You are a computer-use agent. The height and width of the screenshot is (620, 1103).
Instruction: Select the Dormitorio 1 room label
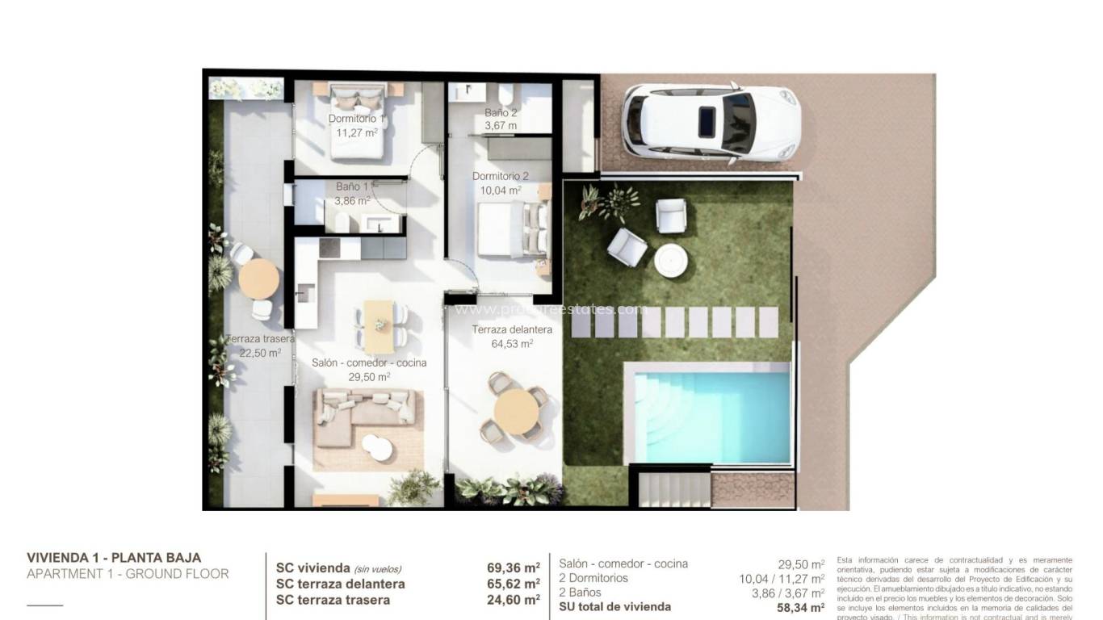356,119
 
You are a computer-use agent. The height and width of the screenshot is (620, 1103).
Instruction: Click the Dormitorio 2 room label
500,176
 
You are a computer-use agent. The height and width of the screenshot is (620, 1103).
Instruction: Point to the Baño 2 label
501,113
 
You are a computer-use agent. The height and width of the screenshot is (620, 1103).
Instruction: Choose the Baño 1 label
353,186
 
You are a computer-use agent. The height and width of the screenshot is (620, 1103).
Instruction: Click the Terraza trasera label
259,339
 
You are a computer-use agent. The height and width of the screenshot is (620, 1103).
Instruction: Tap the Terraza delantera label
512,329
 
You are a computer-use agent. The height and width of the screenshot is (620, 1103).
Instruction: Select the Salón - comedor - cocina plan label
369,363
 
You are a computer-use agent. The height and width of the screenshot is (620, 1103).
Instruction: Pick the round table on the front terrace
514,411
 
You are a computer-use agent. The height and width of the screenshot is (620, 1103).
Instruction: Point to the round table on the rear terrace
259,279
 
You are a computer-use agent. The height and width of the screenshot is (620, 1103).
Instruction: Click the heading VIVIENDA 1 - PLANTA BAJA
114,558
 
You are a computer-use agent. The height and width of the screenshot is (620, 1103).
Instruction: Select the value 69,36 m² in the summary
508,568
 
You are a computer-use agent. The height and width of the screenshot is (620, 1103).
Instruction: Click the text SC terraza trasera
333,600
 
